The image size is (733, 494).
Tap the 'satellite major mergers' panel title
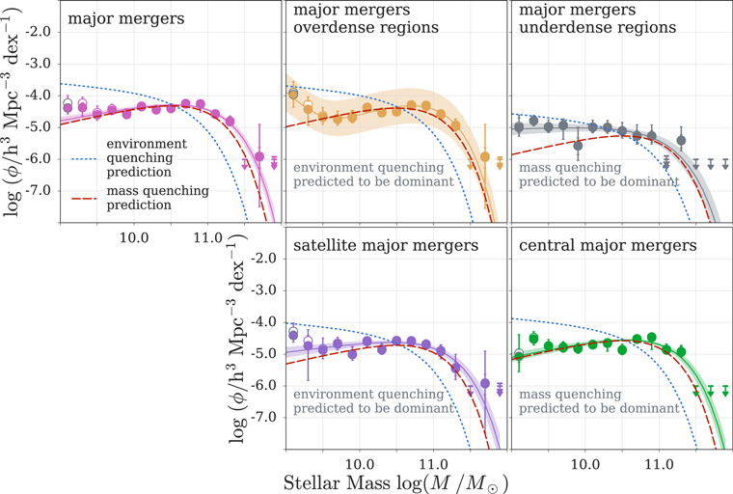click(386, 245)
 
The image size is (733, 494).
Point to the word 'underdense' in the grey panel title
click(572, 27)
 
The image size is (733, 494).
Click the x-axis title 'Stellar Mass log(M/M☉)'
click(395, 480)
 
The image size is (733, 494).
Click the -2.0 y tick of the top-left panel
click(36, 31)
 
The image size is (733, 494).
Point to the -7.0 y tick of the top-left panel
click(36, 190)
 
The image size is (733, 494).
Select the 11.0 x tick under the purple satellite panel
click(433, 463)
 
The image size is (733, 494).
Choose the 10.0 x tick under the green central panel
click(584, 463)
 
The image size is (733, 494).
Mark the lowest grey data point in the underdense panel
click(578, 146)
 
